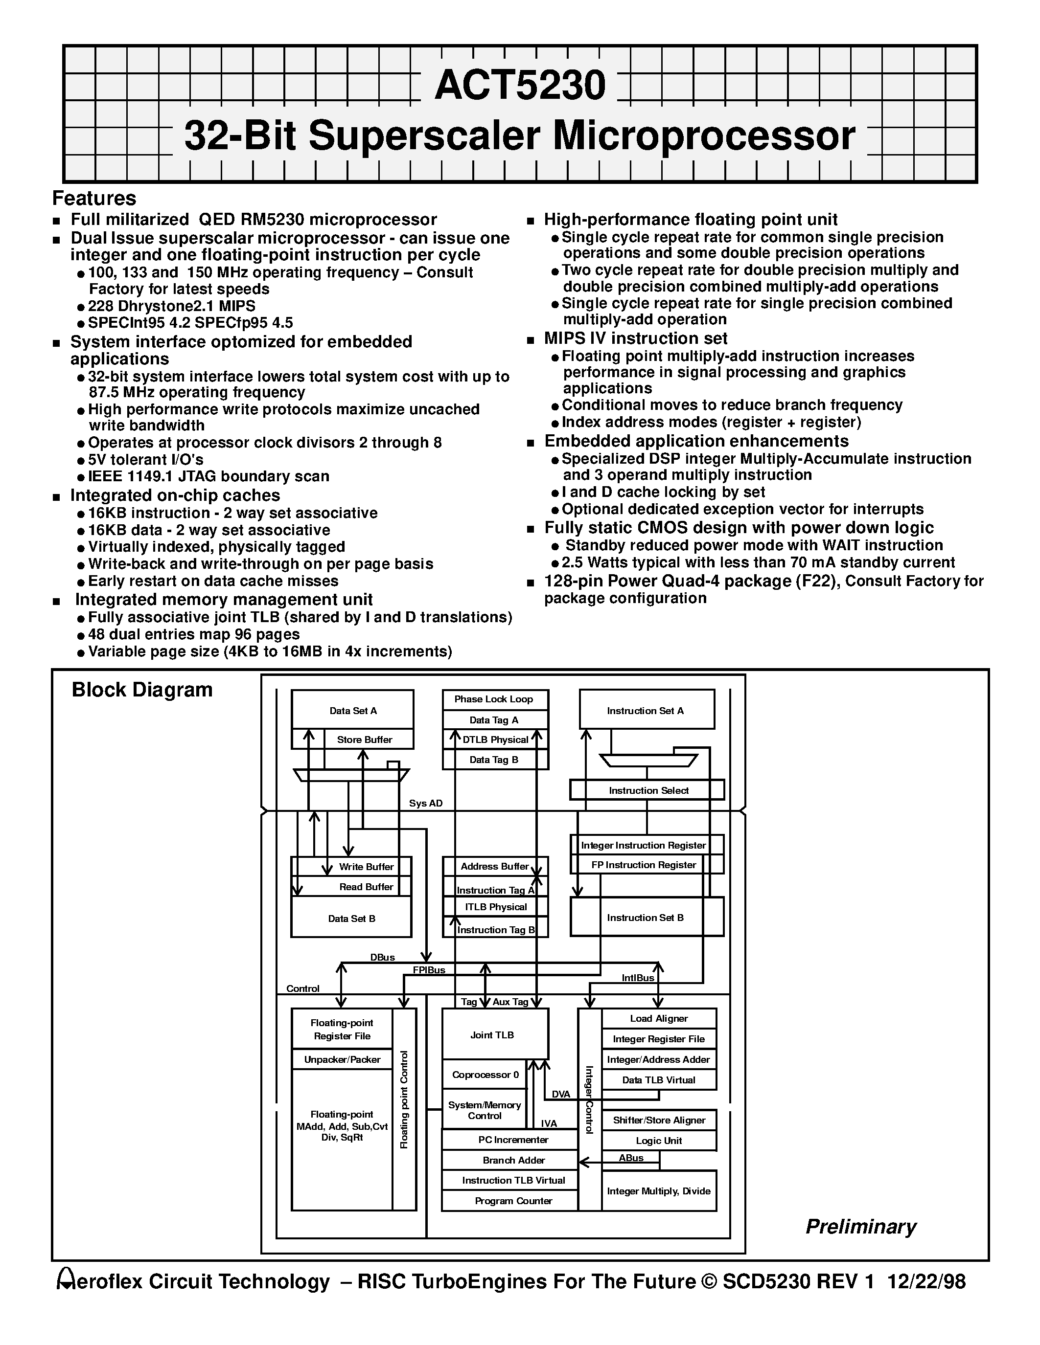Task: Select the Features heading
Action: tap(94, 198)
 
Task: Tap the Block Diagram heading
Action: tap(142, 690)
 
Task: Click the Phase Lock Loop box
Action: tap(495, 699)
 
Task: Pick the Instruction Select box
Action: tap(647, 790)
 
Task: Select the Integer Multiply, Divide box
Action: tap(658, 1191)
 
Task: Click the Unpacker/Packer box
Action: tap(342, 1059)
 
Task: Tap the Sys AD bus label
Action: tap(426, 804)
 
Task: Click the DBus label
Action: tap(382, 957)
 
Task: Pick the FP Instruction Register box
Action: tap(644, 865)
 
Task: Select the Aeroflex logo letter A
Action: tap(64, 1281)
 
